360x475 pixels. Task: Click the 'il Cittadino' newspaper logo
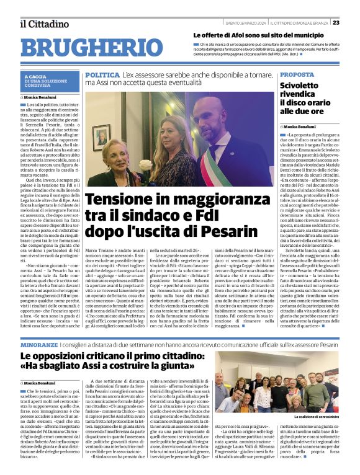(x=43, y=24)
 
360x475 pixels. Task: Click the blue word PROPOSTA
(x=297, y=74)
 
